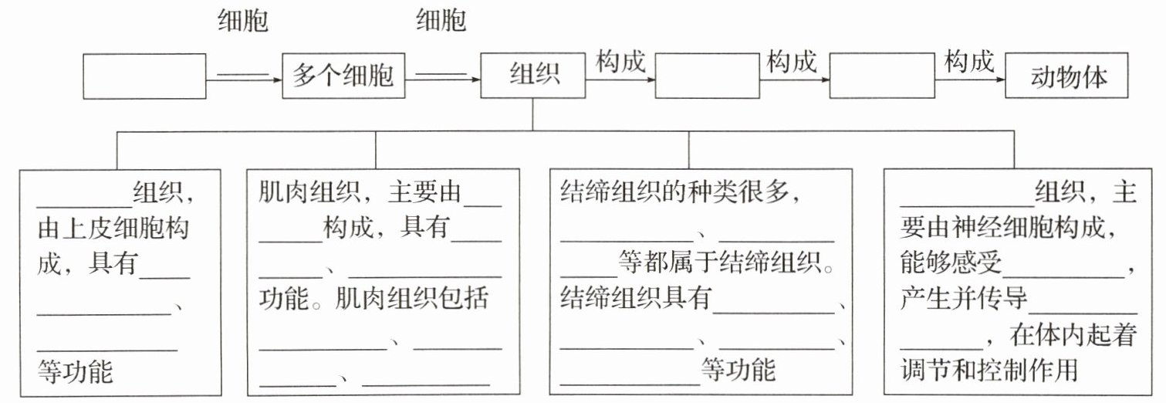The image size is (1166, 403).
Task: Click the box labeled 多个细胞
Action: point(343,76)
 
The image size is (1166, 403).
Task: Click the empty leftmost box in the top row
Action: point(144,76)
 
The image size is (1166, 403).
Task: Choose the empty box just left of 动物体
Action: point(879,76)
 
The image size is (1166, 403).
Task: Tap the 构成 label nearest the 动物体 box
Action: point(969,62)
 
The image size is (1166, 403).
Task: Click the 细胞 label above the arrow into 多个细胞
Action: point(243,21)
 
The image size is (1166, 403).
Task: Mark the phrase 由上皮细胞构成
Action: point(114,229)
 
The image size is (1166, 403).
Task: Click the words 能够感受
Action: point(950,264)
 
